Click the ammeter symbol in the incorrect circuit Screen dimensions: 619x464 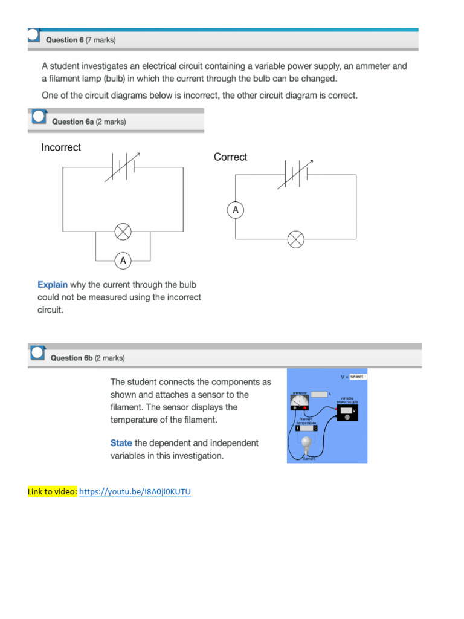[x=123, y=261]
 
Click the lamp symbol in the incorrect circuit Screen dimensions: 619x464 [x=123, y=232]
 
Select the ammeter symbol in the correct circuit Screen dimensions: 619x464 [x=236, y=210]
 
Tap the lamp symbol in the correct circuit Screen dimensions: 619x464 [x=295, y=239]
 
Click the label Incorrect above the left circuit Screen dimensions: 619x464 [x=61, y=147]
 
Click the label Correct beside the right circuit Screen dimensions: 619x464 [x=230, y=157]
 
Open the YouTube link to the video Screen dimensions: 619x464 [x=135, y=491]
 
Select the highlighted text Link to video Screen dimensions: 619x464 [x=53, y=491]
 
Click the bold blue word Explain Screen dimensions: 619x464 [x=53, y=285]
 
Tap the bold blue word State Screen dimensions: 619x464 [x=121, y=443]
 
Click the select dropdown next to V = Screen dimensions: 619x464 [x=358, y=377]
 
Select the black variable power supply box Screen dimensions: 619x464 [x=347, y=412]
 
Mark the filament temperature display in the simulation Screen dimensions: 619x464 [x=306, y=428]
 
